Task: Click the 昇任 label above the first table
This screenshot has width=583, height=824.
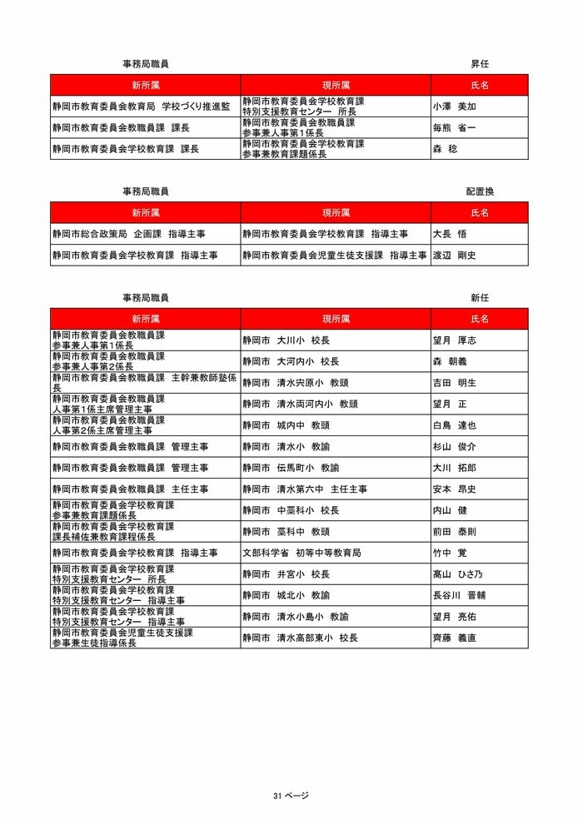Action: tap(480, 63)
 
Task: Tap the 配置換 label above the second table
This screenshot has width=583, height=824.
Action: tap(480, 191)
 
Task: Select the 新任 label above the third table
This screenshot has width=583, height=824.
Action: tap(480, 297)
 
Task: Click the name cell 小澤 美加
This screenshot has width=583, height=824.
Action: tap(455, 107)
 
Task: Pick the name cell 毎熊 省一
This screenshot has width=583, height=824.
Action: tap(455, 127)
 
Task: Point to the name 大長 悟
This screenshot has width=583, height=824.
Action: tap(450, 234)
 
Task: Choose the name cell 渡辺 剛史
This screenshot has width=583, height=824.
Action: tap(455, 256)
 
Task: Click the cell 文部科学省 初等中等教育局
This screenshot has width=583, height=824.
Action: tap(301, 553)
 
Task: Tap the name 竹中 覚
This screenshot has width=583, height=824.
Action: tap(450, 553)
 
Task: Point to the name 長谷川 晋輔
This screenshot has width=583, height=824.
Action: tap(460, 595)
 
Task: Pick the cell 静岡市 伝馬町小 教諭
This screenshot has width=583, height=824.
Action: tap(291, 468)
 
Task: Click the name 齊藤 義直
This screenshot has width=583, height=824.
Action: tap(455, 638)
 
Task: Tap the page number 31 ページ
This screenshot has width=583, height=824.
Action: tap(291, 796)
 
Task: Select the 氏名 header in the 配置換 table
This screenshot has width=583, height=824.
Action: tap(480, 212)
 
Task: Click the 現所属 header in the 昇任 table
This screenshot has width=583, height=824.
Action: tap(336, 85)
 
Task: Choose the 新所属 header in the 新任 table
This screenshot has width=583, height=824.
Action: tap(145, 319)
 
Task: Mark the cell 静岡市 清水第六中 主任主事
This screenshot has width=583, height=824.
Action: tap(305, 489)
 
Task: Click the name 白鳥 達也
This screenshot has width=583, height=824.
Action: tap(455, 425)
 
